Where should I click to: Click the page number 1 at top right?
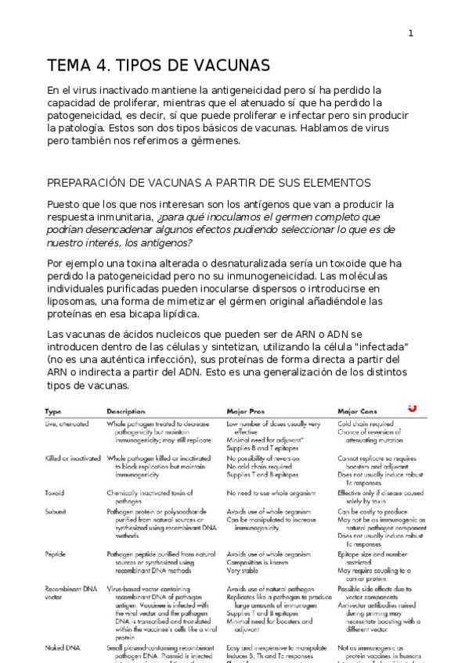pyautogui.click(x=411, y=32)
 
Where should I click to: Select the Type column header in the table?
pyautogui.click(x=53, y=410)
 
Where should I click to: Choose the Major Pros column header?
pyautogui.click(x=245, y=410)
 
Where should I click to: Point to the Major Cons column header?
pyautogui.click(x=358, y=410)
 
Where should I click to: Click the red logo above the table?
pyautogui.click(x=412, y=407)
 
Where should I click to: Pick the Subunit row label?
pyautogui.click(x=56, y=511)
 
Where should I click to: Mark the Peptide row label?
pyautogui.click(x=56, y=554)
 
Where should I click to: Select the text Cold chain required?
pyautogui.click(x=365, y=424)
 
